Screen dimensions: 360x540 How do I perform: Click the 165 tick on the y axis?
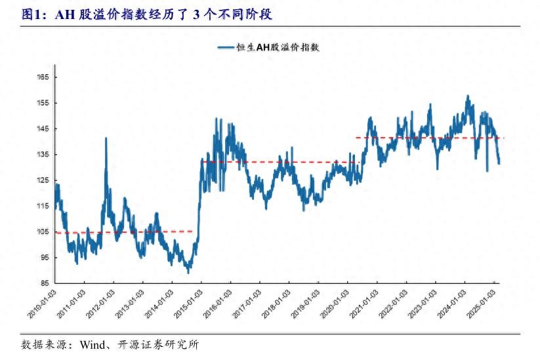[43, 77]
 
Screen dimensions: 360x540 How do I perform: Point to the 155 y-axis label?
[43, 103]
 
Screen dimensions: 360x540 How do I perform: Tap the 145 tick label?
[43, 129]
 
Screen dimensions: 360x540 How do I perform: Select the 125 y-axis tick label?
[43, 180]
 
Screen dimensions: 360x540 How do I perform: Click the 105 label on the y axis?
[43, 231]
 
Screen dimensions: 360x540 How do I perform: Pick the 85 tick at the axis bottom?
[44, 283]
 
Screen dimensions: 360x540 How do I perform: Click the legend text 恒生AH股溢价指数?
[278, 47]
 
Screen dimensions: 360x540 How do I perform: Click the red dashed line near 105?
[125, 231]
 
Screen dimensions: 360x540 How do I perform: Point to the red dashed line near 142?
[426, 138]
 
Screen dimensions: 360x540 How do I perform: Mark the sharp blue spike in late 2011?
[106, 139]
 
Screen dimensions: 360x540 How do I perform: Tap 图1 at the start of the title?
[31, 14]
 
